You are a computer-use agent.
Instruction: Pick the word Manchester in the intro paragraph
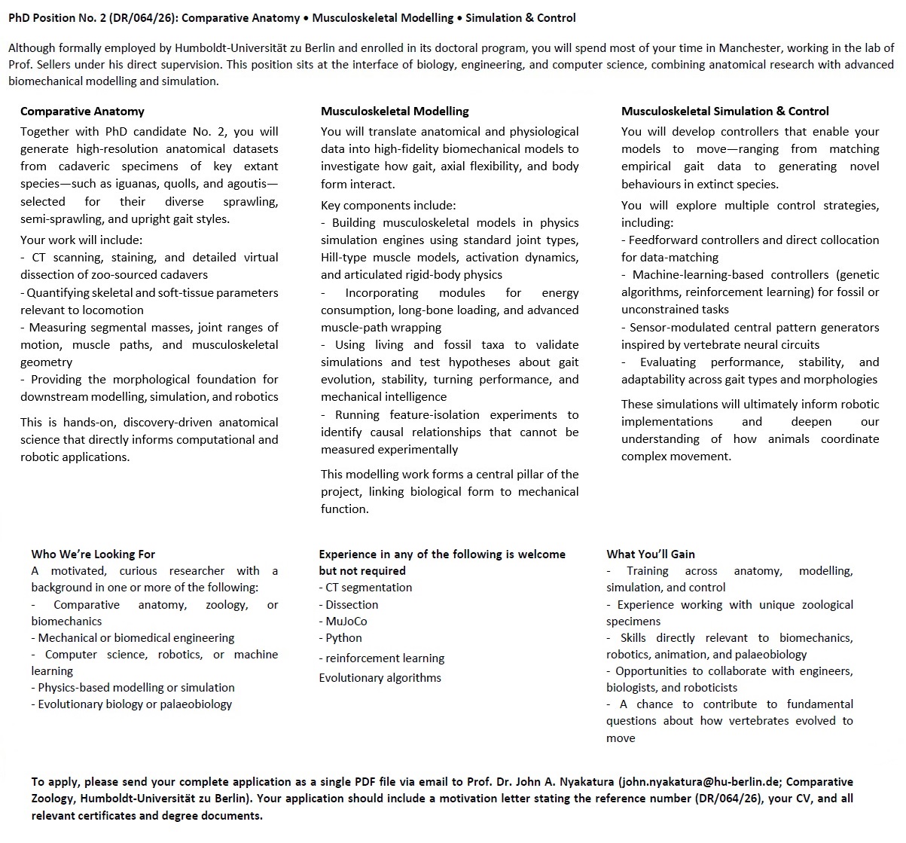pos(727,47)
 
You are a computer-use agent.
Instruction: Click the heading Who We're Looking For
pos(93,554)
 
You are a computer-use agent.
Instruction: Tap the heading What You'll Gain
pos(651,554)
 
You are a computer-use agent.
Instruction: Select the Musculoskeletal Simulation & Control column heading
pos(724,111)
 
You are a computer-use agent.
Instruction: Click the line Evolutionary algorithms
pos(380,678)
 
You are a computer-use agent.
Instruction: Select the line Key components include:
pos(388,206)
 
